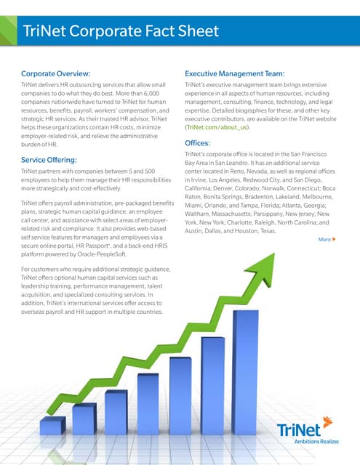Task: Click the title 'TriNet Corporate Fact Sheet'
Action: tap(121, 31)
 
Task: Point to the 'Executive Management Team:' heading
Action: tap(244, 73)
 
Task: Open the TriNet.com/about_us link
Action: tap(217, 127)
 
